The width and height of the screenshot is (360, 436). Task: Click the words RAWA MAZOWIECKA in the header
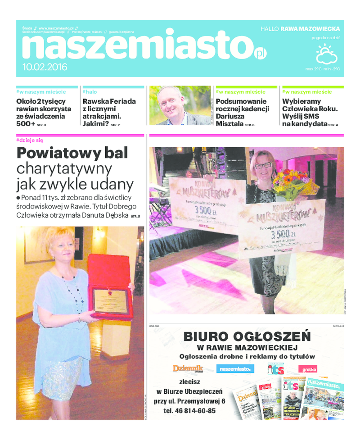point(310,28)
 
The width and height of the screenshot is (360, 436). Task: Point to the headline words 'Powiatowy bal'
point(72,153)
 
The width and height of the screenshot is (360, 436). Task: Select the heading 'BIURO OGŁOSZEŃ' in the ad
point(247,336)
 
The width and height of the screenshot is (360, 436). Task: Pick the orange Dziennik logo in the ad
point(188,368)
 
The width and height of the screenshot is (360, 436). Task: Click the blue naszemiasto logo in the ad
point(235,369)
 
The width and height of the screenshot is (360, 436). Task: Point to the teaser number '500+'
point(26,123)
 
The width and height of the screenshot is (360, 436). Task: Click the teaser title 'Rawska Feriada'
point(109,101)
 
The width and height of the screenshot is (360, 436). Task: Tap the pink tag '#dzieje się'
point(30,140)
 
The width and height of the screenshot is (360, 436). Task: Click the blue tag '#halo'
point(90,92)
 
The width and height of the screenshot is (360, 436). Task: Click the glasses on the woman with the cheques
point(263,165)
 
